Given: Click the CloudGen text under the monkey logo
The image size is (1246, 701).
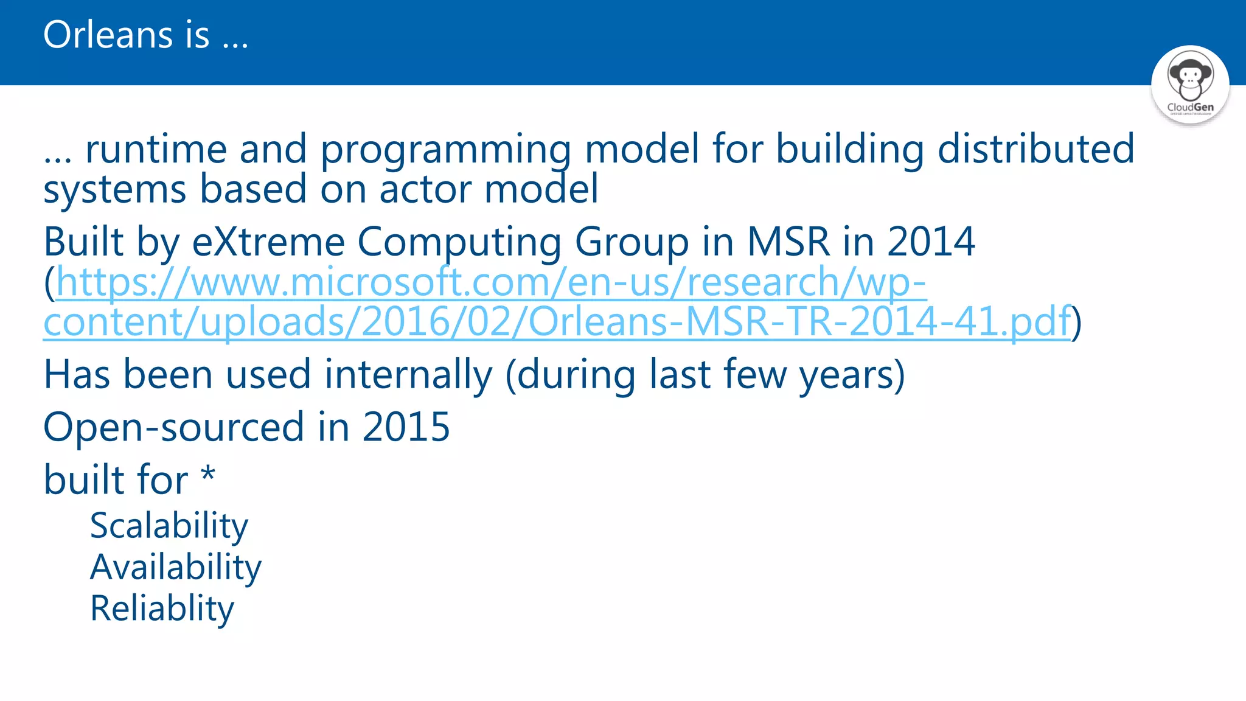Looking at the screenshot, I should pos(1190,107).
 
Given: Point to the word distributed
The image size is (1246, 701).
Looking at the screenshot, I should pos(1035,149).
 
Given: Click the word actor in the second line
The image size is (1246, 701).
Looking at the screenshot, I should pos(425,189).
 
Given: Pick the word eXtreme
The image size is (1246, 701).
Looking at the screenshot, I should pos(268,242).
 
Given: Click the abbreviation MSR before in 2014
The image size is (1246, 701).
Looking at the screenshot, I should pos(788,242).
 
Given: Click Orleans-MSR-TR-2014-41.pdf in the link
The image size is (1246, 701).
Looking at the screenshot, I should pos(798,322).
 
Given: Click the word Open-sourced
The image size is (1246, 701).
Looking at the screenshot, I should pos(173,427).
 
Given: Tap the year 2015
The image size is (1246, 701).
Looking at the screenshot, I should pos(406,427).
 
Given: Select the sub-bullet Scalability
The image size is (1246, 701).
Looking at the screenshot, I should pos(169,526).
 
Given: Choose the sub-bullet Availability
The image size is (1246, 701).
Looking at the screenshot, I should pos(176,568).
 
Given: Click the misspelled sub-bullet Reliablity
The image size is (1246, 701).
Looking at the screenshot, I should pos(162,609).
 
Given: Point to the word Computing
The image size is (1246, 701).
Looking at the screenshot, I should pos(459,242).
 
